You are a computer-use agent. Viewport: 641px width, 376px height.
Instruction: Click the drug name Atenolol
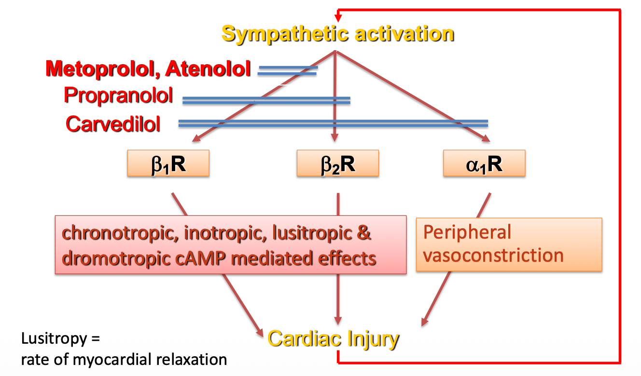point(208,69)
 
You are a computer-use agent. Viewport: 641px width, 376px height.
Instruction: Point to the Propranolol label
point(118,95)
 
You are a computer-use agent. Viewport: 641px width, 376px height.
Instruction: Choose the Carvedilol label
point(113,124)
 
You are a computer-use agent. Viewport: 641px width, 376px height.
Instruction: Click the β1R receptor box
point(168,163)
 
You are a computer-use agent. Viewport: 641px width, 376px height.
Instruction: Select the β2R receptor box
point(338,163)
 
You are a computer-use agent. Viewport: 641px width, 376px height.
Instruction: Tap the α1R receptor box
point(484,163)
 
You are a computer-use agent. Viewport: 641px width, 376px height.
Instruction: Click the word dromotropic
point(115,258)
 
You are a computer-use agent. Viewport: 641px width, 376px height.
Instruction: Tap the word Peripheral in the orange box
point(467,232)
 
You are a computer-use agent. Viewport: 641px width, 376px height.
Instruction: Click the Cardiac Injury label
point(334,339)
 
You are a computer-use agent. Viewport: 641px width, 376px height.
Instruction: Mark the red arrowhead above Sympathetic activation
point(338,18)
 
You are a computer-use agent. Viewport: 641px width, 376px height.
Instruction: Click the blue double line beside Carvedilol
point(333,123)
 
